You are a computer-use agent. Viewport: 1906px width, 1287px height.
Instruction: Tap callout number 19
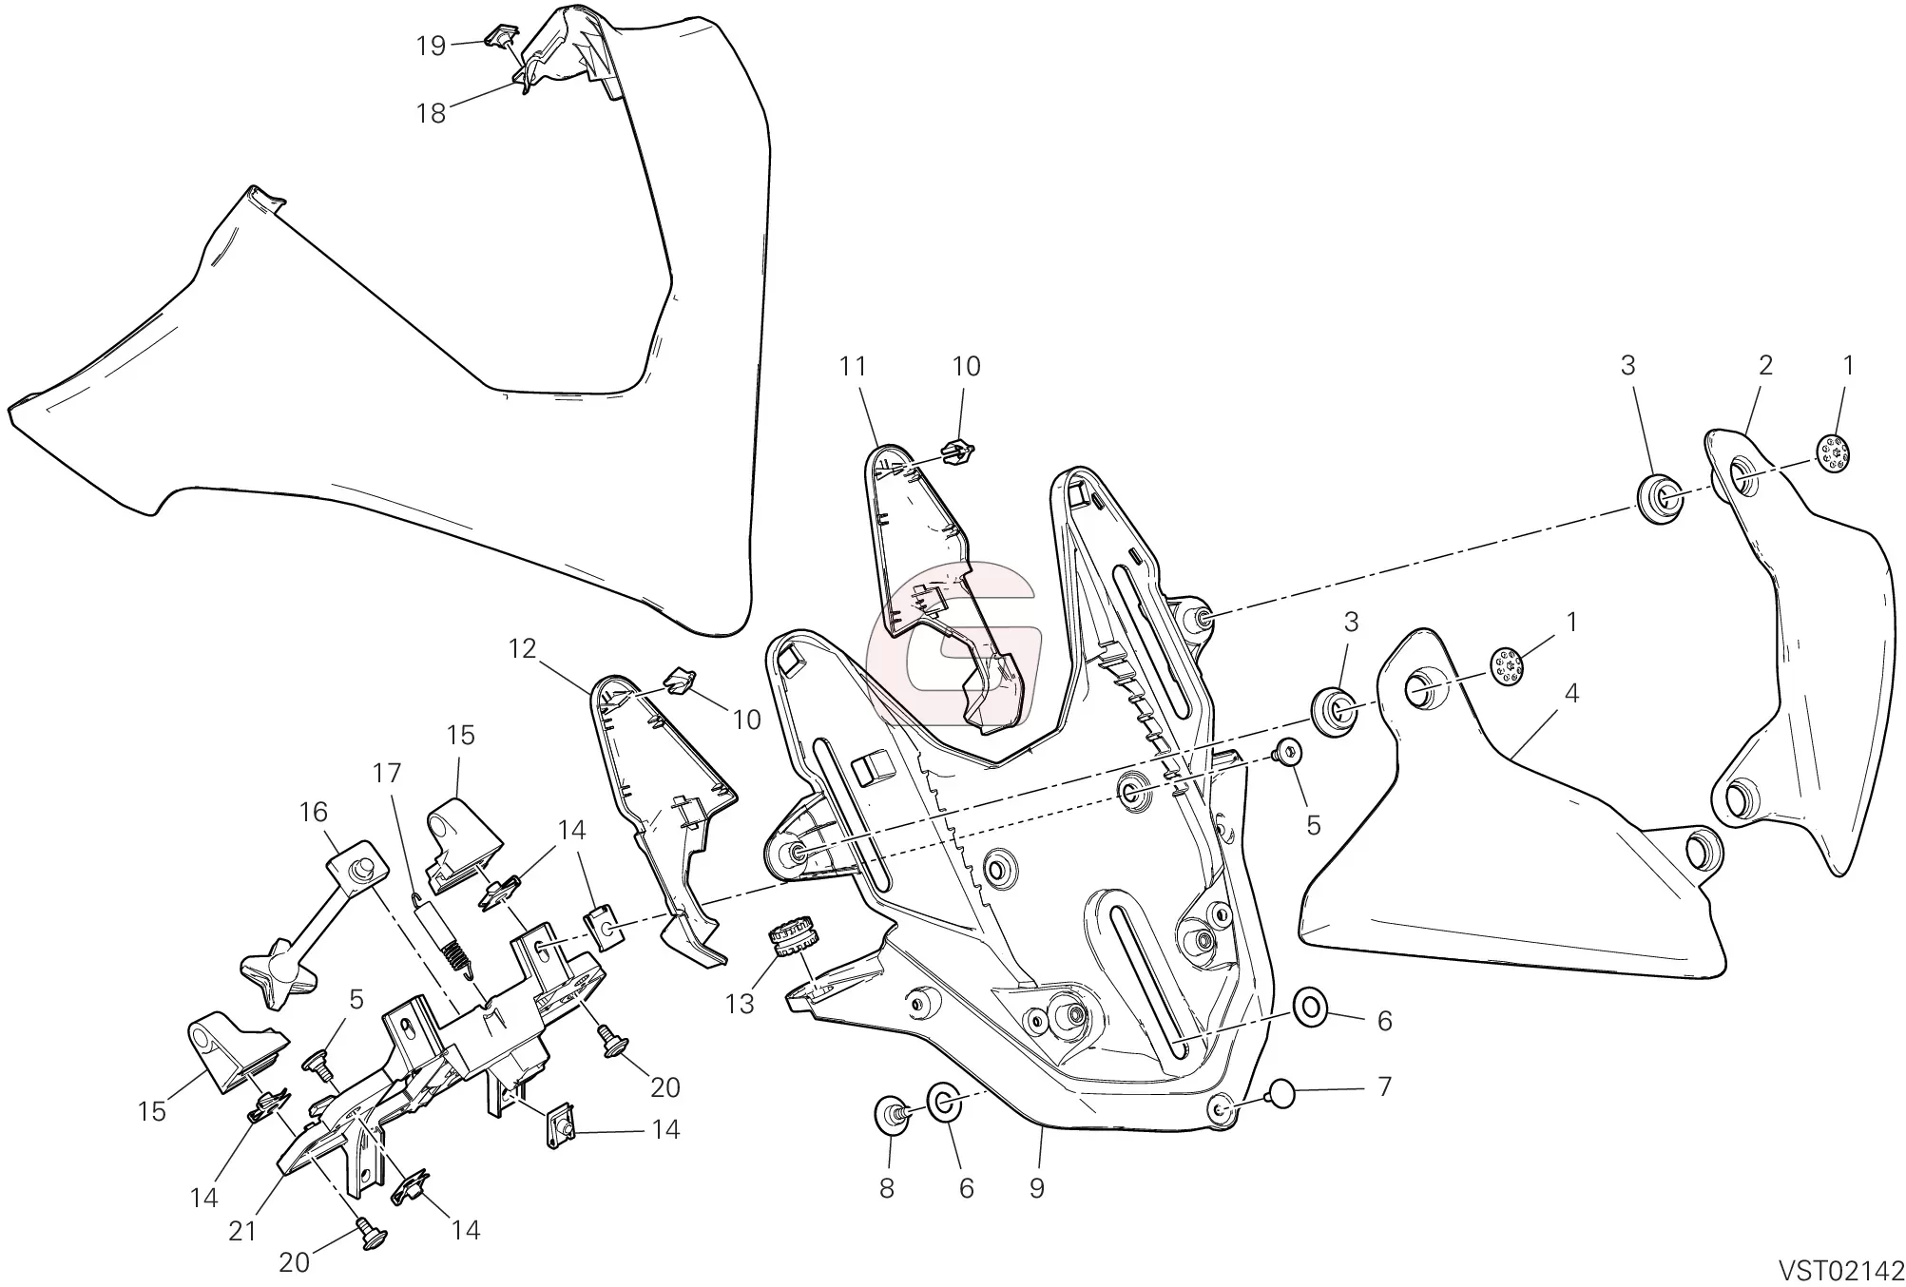click(x=431, y=46)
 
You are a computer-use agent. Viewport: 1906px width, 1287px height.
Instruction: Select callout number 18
click(x=431, y=113)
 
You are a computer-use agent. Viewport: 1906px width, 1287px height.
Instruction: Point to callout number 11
click(x=853, y=367)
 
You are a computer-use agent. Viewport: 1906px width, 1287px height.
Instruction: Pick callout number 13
click(x=740, y=1003)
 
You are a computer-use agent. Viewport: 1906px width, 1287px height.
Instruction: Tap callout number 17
click(x=388, y=775)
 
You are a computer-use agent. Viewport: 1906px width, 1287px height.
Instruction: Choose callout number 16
click(x=313, y=812)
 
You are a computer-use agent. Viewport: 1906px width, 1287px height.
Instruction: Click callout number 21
click(x=242, y=1231)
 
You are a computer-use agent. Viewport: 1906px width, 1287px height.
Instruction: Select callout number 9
click(x=1036, y=1187)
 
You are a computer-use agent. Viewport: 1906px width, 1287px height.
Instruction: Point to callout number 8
click(x=886, y=1188)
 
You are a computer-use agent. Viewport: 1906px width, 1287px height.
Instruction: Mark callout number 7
click(x=1384, y=1086)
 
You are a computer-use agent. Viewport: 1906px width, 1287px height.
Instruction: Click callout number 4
click(x=1570, y=694)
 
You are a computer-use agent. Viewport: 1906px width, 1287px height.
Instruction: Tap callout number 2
click(x=1765, y=365)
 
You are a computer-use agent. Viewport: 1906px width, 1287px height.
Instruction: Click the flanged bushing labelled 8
click(x=891, y=1113)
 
